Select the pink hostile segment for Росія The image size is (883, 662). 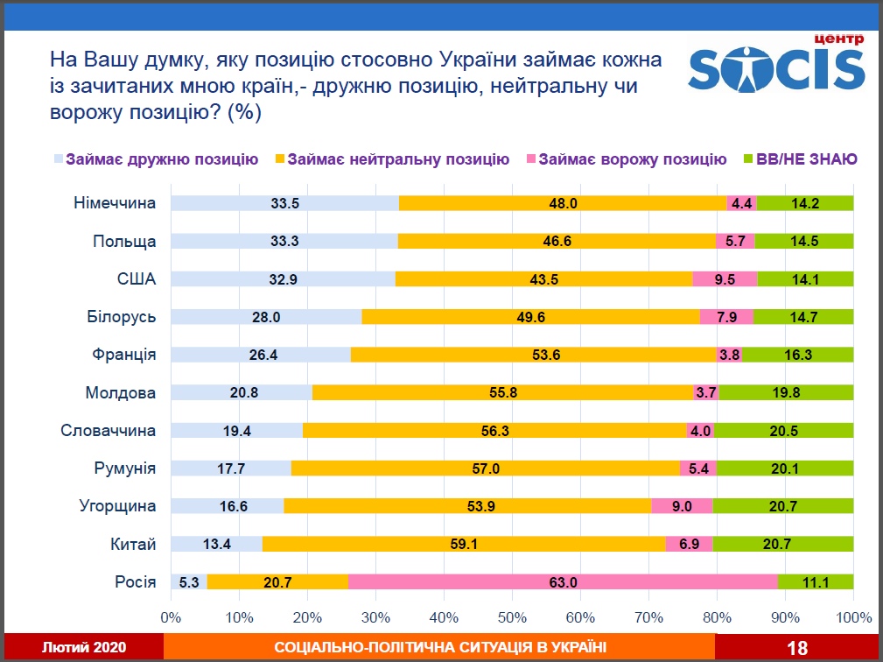coord(563,581)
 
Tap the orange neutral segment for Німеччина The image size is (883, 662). coord(563,203)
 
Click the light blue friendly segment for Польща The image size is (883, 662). coord(284,241)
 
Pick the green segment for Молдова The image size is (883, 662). coord(786,392)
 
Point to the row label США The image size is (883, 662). coord(136,279)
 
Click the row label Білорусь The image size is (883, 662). coord(122,317)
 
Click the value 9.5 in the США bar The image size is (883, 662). coord(725,279)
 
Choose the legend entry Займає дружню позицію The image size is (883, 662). coord(161,159)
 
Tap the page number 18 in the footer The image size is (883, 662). coord(797,648)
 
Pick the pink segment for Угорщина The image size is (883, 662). coord(682,506)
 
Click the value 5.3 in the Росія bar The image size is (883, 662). coord(189,581)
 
